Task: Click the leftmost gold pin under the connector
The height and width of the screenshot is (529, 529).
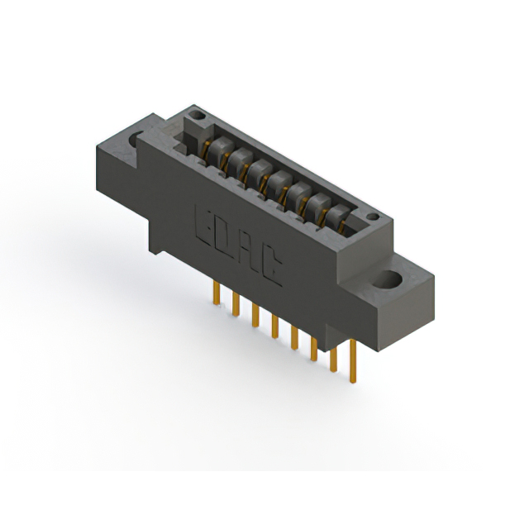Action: (x=217, y=293)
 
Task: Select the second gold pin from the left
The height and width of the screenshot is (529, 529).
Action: (x=236, y=303)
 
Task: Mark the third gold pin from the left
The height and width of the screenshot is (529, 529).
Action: (x=255, y=315)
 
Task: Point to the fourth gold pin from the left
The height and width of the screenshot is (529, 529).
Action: (x=274, y=326)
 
